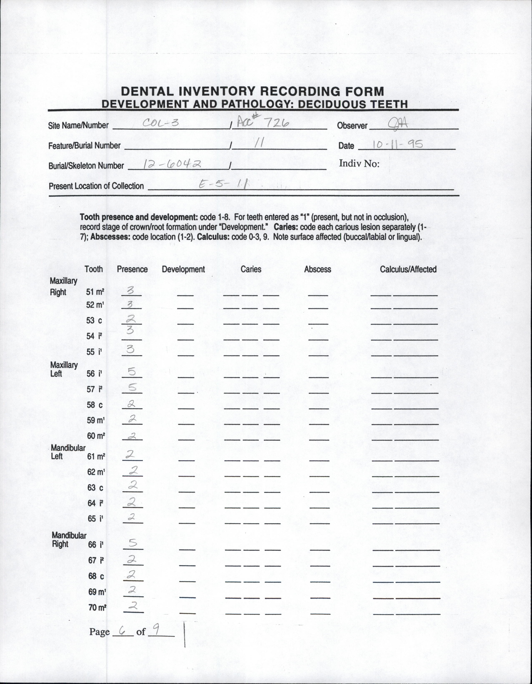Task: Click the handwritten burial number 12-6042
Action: [172, 164]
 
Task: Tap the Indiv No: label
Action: [359, 164]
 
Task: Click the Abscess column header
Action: [317, 269]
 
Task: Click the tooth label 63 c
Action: [95, 488]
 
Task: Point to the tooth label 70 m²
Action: [97, 608]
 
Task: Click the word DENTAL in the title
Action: [147, 91]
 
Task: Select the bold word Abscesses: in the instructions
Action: [111, 237]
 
